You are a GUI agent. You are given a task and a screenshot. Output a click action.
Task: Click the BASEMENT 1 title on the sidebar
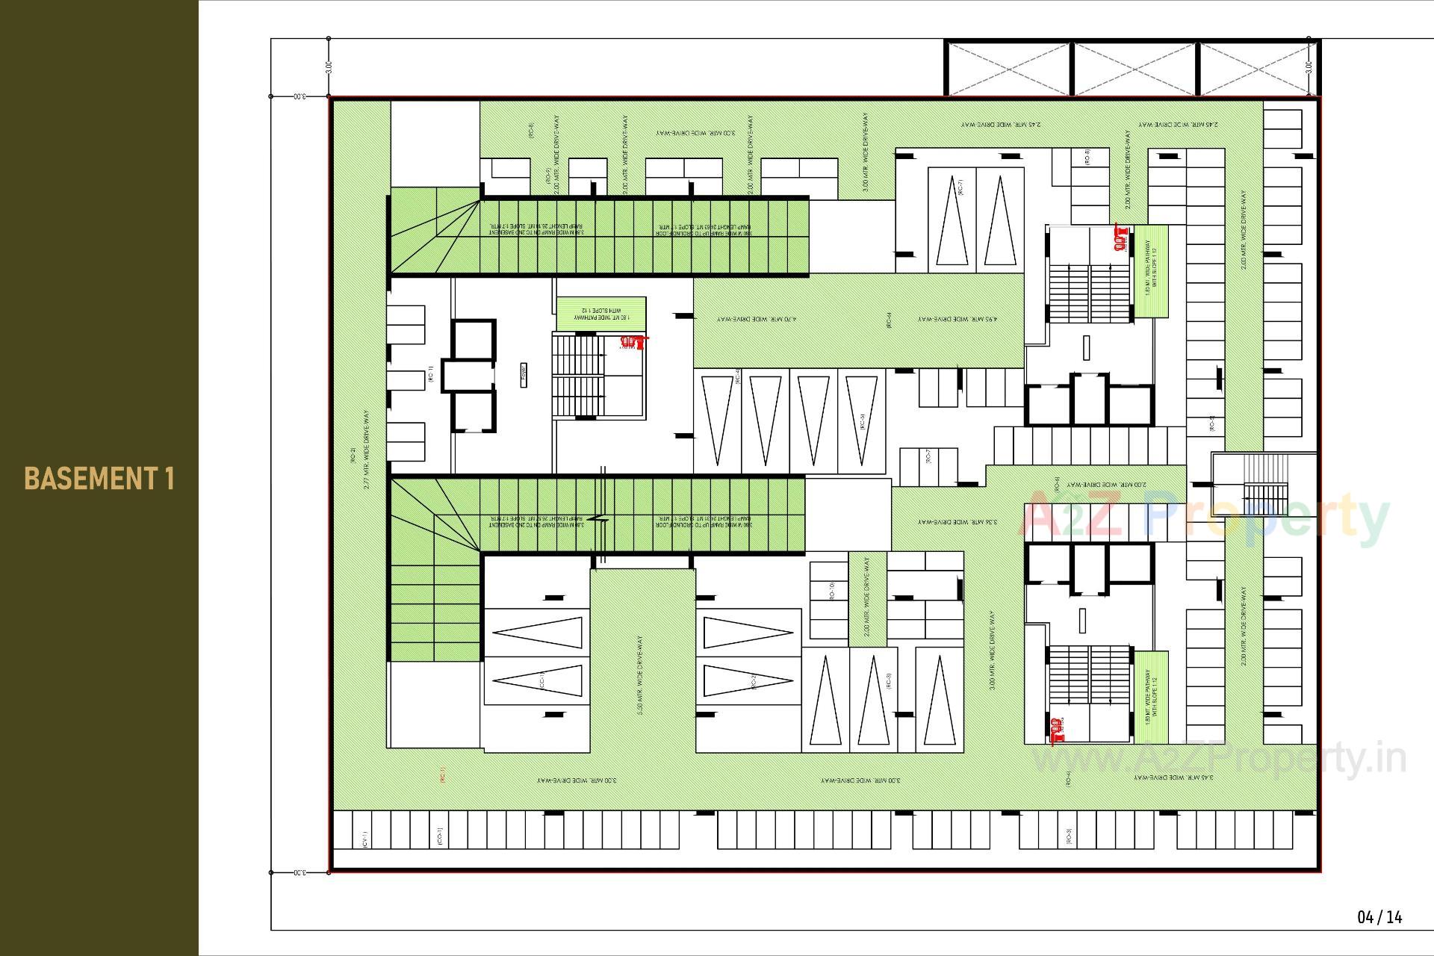pyautogui.click(x=99, y=478)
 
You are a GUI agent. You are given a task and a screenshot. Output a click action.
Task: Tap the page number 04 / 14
pyautogui.click(x=1379, y=916)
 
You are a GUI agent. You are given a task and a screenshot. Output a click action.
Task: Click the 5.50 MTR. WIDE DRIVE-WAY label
pyautogui.click(x=640, y=676)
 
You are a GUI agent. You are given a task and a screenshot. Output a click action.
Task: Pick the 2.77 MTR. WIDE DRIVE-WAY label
pyautogui.click(x=366, y=449)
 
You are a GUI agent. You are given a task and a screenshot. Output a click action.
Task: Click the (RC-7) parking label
pyautogui.click(x=961, y=187)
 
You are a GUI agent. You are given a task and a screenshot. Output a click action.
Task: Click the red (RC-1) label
pyautogui.click(x=442, y=775)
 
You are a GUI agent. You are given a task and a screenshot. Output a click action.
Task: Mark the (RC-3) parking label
pyautogui.click(x=888, y=680)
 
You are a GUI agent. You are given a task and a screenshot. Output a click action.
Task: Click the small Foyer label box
pyautogui.click(x=524, y=373)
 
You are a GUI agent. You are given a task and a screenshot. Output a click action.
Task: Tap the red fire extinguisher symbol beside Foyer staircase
pyautogui.click(x=633, y=342)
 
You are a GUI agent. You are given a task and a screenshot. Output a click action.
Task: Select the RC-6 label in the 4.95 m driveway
pyautogui.click(x=889, y=320)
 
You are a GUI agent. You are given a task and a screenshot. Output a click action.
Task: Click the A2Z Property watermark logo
pyautogui.click(x=1202, y=515)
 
